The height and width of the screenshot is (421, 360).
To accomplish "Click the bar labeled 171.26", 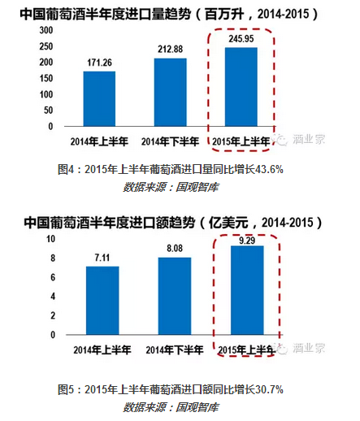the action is click(x=99, y=99).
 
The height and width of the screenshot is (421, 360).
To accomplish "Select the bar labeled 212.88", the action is click(x=171, y=93).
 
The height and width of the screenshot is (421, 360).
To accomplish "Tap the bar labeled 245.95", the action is click(x=241, y=87).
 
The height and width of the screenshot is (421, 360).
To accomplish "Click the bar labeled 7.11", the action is click(x=102, y=301).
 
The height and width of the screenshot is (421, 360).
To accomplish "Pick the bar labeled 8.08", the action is click(x=175, y=296).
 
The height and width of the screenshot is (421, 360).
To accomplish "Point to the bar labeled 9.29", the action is click(x=247, y=290).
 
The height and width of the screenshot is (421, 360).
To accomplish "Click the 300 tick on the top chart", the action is click(x=46, y=30).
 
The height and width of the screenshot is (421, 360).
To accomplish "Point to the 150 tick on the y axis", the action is click(x=46, y=78).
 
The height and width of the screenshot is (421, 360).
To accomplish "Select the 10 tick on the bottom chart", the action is click(x=50, y=239).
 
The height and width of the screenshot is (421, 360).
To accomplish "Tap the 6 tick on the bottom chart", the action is click(x=53, y=277).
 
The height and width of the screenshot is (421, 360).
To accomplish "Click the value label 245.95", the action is click(x=241, y=39).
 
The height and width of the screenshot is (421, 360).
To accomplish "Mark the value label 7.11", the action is click(x=102, y=258).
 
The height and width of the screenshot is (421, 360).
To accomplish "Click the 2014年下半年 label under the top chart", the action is click(x=170, y=141).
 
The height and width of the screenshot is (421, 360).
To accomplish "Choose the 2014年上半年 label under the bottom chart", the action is click(x=102, y=350).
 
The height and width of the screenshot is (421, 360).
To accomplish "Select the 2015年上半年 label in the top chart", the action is click(x=241, y=141).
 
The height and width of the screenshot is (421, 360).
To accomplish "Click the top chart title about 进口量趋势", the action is click(x=168, y=14).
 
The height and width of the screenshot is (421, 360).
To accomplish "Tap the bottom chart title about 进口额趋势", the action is click(x=172, y=223).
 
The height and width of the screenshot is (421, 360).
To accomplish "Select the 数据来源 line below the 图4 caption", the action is click(x=171, y=187).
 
